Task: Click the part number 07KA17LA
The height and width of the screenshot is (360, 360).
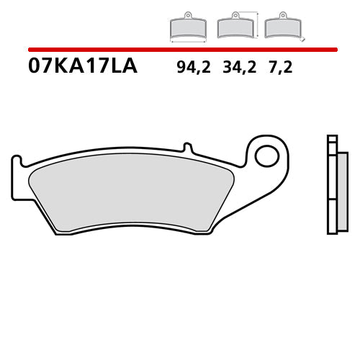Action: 82,68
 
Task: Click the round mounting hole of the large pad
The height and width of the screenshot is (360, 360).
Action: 267,154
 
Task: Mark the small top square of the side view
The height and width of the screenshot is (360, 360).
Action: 332,139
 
